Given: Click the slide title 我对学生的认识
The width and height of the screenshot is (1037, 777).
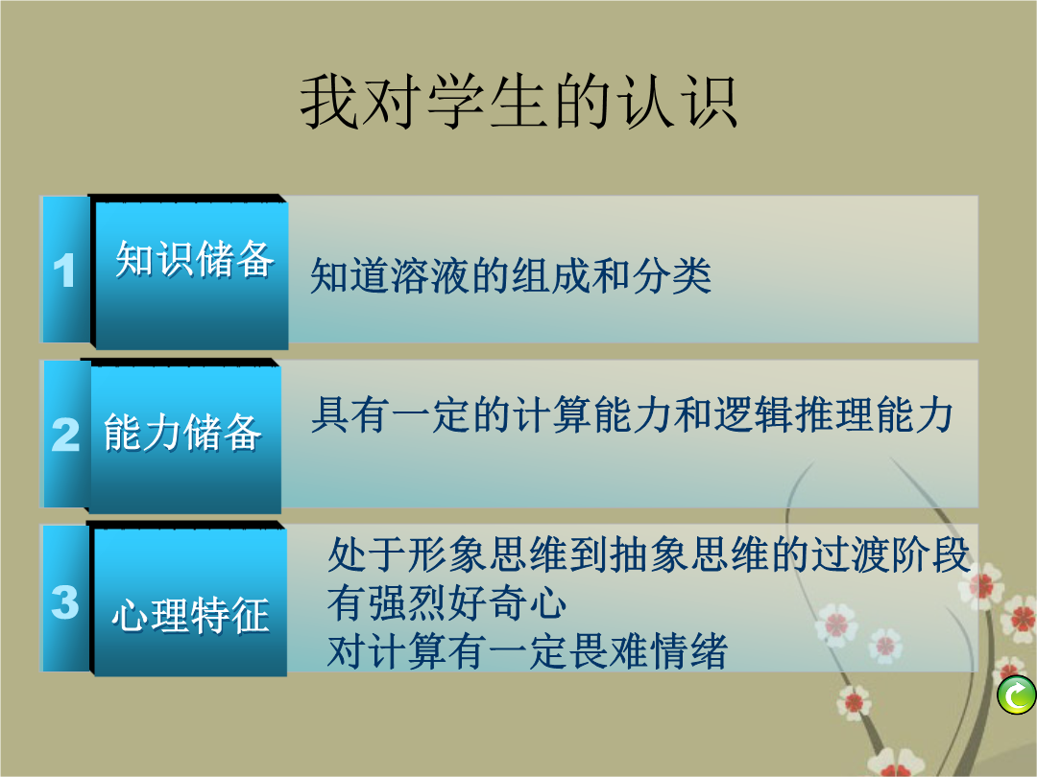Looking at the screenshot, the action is click(519, 102).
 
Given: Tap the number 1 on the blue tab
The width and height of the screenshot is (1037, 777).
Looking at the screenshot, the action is click(64, 271).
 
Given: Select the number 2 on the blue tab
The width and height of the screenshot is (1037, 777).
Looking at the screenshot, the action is click(65, 435).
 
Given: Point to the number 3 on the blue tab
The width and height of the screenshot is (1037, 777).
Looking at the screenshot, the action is click(65, 601).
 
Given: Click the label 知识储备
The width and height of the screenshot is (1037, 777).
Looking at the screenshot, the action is click(194, 258).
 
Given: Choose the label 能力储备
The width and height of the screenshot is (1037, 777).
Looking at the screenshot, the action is click(181, 432).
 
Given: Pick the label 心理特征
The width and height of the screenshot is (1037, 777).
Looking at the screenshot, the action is click(190, 615).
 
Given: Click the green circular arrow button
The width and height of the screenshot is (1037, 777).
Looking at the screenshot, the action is click(1017, 695).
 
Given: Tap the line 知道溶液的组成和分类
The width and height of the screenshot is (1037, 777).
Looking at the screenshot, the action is click(511, 275).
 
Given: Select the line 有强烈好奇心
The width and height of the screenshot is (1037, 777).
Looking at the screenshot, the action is click(447, 602).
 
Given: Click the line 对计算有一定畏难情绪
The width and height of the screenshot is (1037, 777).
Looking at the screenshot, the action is click(527, 650).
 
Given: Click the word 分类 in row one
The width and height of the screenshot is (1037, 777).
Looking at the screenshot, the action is click(672, 275).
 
